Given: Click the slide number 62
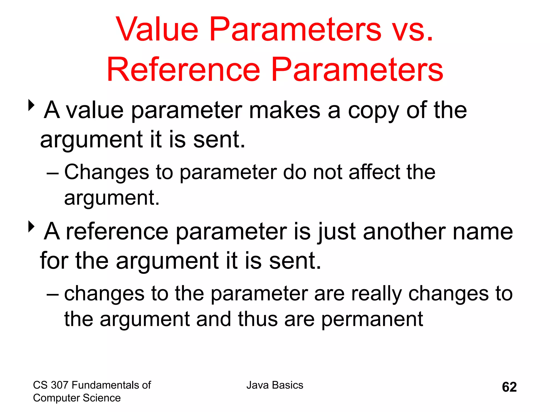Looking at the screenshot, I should pyautogui.click(x=509, y=387).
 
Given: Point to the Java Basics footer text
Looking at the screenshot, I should pyautogui.click(x=275, y=385).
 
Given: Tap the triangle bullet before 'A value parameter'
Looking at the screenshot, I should pyautogui.click(x=31, y=105).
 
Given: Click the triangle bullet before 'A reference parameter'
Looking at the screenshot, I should pyautogui.click(x=31, y=227).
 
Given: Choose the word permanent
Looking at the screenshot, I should pyautogui.click(x=372, y=320).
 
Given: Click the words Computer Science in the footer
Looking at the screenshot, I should pyautogui.click(x=77, y=398).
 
